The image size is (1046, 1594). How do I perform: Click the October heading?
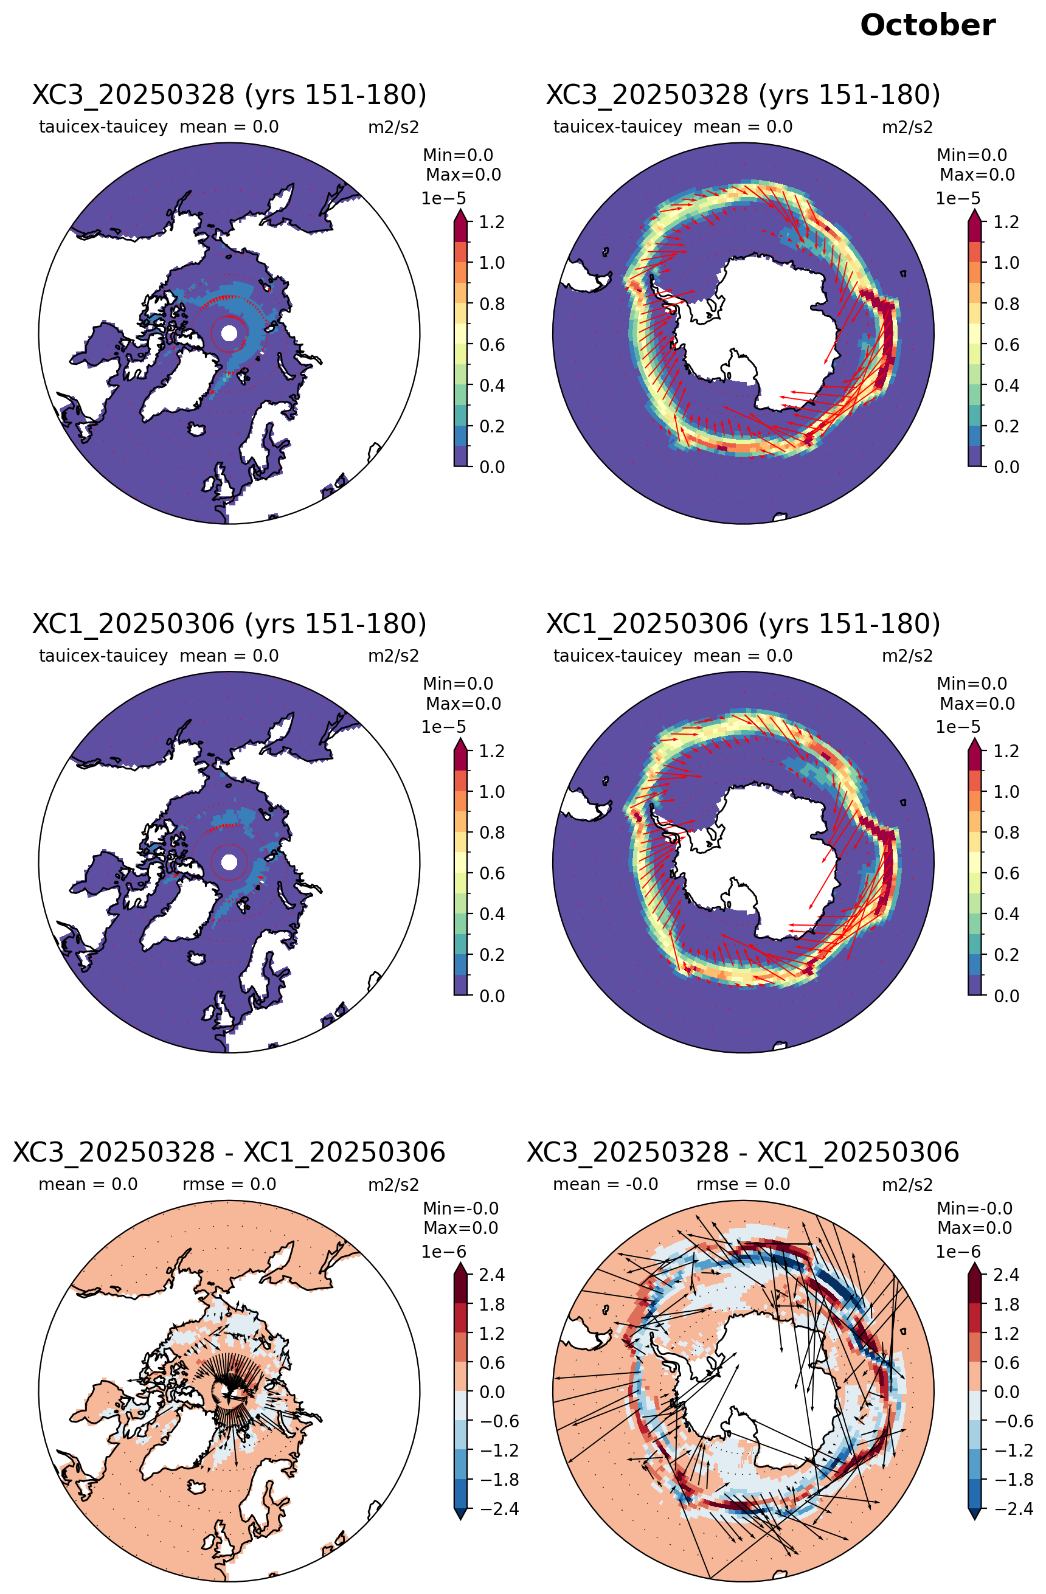point(927,26)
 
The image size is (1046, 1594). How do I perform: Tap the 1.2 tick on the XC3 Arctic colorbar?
point(491,222)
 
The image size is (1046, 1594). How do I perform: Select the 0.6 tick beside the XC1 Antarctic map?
point(1006,873)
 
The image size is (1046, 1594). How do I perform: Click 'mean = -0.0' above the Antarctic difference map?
point(605,1184)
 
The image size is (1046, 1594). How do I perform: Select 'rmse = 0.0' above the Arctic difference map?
point(229,1184)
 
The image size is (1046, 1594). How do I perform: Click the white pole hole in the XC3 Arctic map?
point(229,333)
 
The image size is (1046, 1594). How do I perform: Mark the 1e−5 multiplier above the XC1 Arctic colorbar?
point(443,727)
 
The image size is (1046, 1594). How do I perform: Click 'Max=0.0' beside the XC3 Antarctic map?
point(977,175)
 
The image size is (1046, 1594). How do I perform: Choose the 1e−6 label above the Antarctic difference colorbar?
point(958,1252)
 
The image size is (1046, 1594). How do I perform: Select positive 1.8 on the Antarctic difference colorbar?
point(1006,1304)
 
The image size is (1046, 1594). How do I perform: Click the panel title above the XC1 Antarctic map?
point(743,623)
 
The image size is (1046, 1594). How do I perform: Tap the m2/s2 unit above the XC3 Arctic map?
point(393,127)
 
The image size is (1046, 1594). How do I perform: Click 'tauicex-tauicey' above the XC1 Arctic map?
point(103,656)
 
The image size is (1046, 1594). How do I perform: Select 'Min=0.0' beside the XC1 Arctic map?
point(458,684)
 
